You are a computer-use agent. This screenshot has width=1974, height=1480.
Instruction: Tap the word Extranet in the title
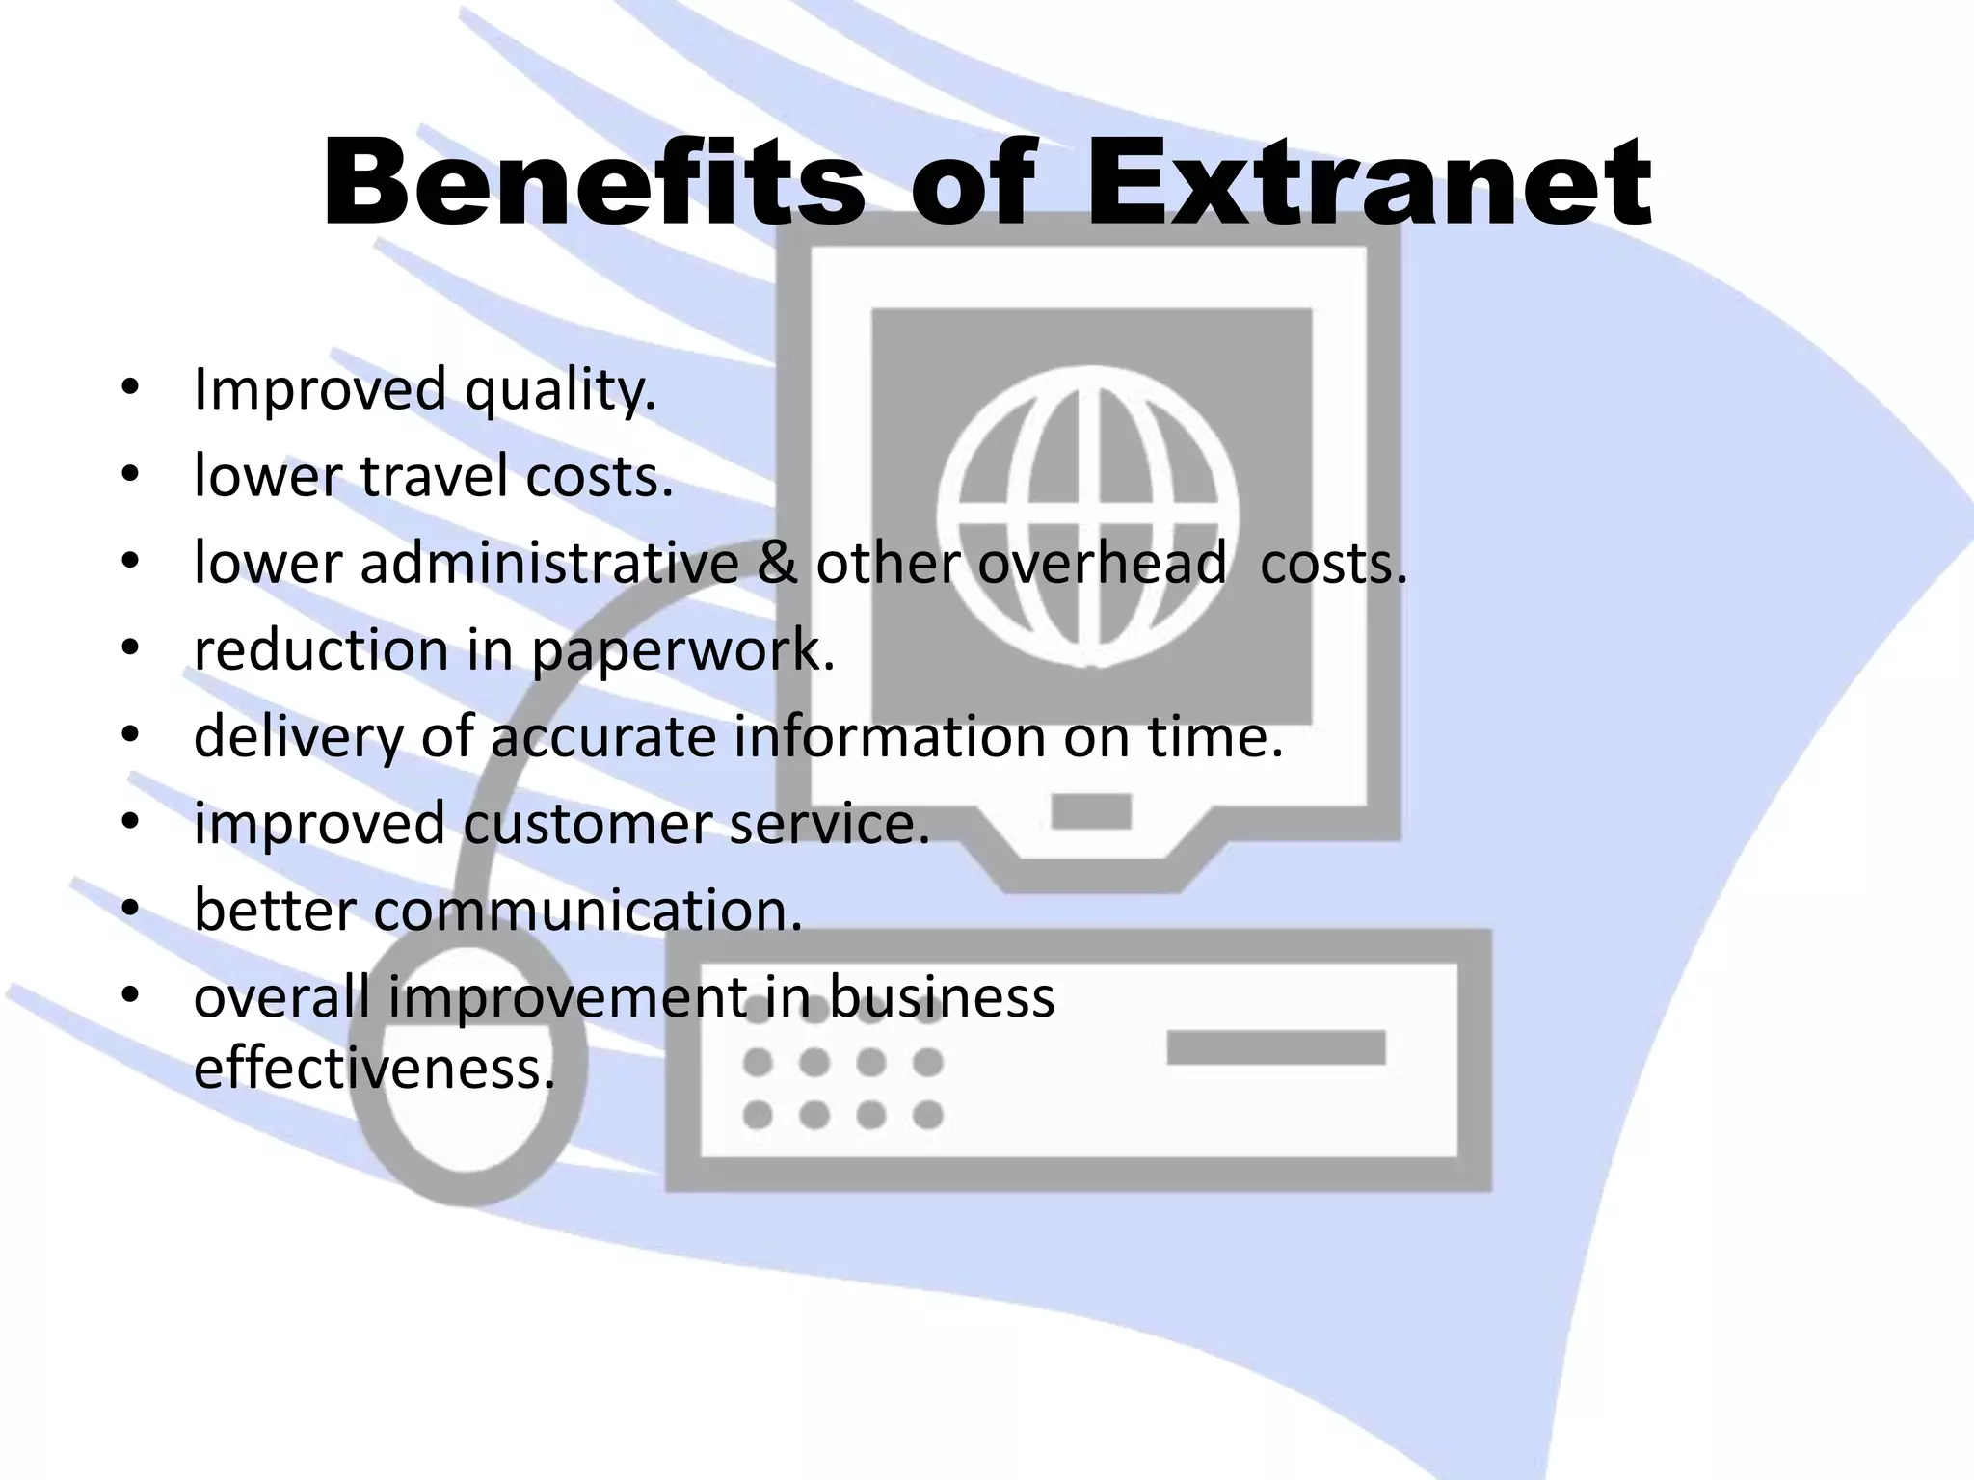click(1369, 183)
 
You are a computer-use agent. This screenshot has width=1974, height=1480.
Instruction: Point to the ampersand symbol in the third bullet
click(776, 563)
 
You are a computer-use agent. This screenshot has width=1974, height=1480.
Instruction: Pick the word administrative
click(549, 563)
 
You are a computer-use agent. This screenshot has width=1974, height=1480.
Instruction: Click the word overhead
click(1102, 563)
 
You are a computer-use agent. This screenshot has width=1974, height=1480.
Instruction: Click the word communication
click(588, 911)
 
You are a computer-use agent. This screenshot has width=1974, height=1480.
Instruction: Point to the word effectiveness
click(374, 1068)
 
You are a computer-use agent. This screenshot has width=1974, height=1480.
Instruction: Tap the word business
click(942, 996)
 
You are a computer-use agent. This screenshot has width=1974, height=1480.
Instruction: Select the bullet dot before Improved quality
click(130, 389)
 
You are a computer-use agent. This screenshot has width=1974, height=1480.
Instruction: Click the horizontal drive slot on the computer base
click(1275, 1047)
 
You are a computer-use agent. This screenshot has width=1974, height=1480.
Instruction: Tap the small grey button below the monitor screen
click(1090, 811)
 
